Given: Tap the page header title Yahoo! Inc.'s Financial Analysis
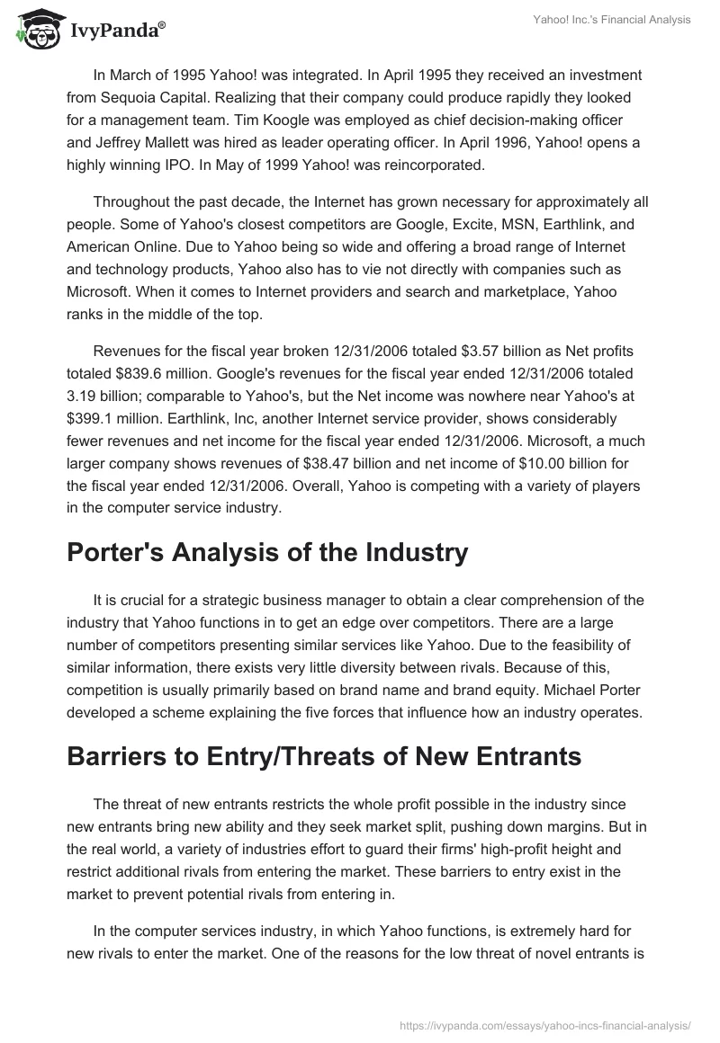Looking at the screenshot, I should (611, 21).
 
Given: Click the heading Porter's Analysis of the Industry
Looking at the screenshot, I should (267, 552).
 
